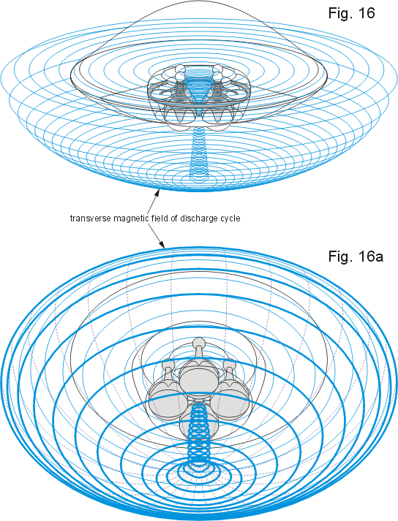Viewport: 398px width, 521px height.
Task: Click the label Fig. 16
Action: [x=351, y=13]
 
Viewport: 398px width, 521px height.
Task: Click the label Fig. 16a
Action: [x=356, y=256]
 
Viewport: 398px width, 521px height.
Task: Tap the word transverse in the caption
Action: [x=91, y=218]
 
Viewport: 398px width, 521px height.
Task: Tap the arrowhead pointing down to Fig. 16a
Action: [x=162, y=245]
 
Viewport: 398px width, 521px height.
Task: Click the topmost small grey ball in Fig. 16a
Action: [x=199, y=342]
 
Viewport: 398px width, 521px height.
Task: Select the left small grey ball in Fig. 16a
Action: [x=167, y=364]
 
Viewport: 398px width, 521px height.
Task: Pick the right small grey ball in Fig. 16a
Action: [x=229, y=363]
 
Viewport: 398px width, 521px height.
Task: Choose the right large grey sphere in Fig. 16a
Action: [x=230, y=396]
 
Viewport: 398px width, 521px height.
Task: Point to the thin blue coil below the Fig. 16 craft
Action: [x=199, y=152]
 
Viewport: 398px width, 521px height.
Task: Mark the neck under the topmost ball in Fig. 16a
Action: [x=199, y=354]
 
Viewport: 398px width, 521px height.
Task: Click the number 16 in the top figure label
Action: [x=365, y=13]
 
